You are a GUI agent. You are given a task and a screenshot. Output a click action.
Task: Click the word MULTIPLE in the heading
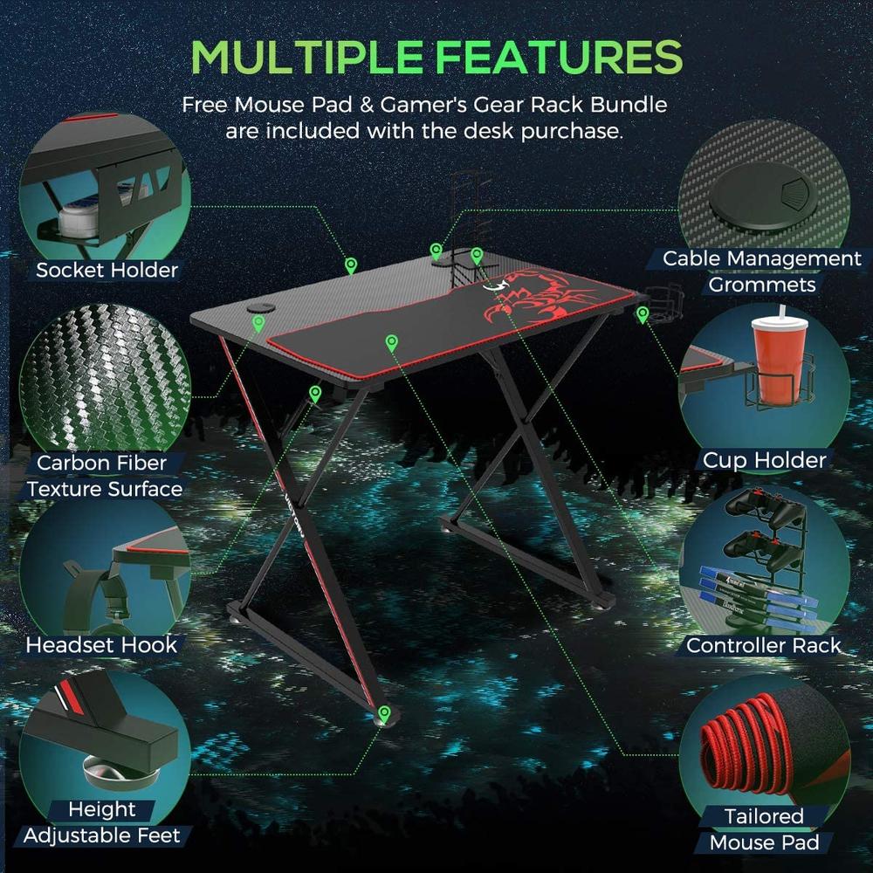coord(306,57)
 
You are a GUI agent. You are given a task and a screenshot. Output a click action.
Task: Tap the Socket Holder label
coord(107,270)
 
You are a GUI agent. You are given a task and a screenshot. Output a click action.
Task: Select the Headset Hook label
coord(101,645)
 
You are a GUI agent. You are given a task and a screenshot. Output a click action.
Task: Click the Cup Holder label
coord(765,460)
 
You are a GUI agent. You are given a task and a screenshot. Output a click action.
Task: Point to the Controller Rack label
coord(763,645)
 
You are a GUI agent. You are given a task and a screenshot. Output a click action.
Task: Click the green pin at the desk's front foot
coord(383,713)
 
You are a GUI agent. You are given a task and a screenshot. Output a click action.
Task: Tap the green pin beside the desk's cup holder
coord(643,314)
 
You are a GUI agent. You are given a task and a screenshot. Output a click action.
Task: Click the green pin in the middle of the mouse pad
coord(391,342)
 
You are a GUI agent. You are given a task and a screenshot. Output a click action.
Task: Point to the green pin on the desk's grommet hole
coord(258,323)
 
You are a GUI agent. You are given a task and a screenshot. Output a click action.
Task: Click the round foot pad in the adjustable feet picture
coord(120,771)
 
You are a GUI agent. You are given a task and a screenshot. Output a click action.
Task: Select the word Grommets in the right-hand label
coord(761,285)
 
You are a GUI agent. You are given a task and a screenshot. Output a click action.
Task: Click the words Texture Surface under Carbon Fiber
coord(105,489)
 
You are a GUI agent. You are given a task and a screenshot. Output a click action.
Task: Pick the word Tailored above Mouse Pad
coord(764,816)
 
